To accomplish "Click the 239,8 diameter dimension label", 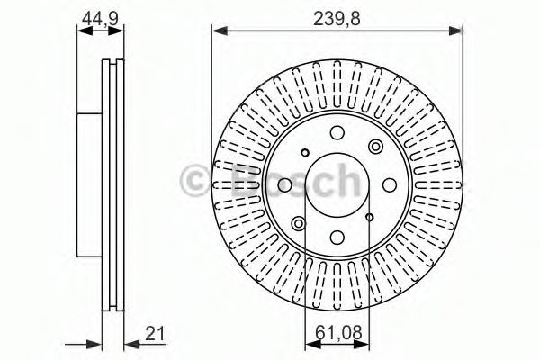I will (337, 17).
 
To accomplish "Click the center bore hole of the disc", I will (333, 184).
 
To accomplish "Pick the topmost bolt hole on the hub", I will (334, 135).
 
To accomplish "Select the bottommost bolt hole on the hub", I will (333, 237).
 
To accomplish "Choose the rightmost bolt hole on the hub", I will (384, 184).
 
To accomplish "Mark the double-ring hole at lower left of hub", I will (298, 221).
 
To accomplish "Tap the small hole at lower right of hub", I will (370, 216).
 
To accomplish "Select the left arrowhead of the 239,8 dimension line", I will (217, 32).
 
